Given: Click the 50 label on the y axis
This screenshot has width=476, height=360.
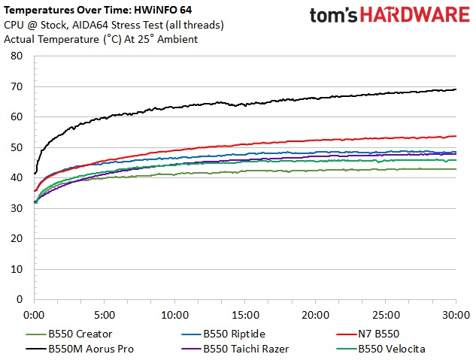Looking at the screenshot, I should pos(17,147).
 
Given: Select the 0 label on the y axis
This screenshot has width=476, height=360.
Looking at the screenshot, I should pos(20,299).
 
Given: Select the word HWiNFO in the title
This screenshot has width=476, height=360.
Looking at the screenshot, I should pos(155,11).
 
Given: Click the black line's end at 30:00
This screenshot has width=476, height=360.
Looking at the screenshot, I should pos(456,89).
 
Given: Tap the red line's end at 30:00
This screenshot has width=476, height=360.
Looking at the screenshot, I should pos(456,136).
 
